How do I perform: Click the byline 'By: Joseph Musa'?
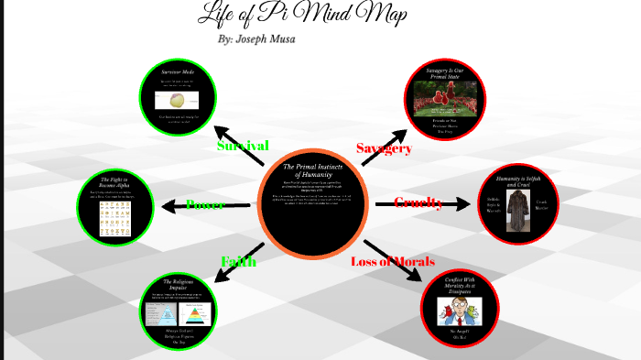point(256,39)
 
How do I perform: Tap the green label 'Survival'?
point(243,146)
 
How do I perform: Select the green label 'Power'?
point(206,203)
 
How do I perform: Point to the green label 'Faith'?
point(237,262)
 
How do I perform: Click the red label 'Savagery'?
point(384,147)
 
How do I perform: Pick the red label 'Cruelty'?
point(418,202)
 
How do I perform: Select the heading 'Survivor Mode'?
point(179,71)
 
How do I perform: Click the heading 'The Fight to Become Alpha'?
point(117,183)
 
